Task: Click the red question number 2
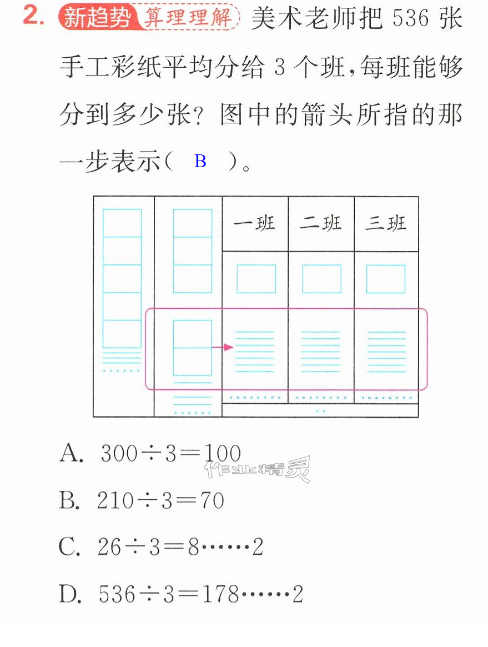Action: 33,16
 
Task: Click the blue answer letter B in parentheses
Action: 200,162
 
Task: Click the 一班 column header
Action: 254,224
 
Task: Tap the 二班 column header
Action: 320,224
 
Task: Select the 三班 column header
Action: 386,224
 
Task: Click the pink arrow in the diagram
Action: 222,348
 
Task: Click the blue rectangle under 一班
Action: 256,279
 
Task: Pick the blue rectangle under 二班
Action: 322,279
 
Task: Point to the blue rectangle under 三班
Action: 386,279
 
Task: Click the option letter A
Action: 71,454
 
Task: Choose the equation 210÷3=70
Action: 160,500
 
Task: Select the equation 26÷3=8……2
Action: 180,547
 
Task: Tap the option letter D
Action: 70,595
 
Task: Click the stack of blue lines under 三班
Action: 386,352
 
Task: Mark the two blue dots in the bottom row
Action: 320,411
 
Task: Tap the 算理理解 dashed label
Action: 188,17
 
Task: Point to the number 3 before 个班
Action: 280,67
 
